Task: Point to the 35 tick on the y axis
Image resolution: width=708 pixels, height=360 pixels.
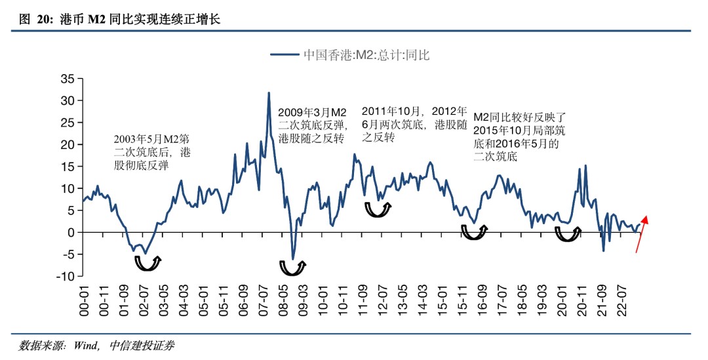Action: (x=68, y=79)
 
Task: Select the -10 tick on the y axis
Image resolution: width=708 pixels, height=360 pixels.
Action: (x=65, y=276)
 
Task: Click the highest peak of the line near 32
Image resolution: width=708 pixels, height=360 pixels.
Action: (x=269, y=93)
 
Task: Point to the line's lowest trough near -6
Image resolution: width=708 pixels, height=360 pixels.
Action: (x=293, y=258)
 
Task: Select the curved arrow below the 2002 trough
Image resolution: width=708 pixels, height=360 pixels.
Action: (x=147, y=263)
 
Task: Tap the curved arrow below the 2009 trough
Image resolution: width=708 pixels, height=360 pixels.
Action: (x=292, y=268)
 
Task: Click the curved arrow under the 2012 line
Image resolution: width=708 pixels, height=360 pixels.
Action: (x=378, y=209)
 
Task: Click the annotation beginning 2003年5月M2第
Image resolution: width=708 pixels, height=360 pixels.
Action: (x=153, y=152)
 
